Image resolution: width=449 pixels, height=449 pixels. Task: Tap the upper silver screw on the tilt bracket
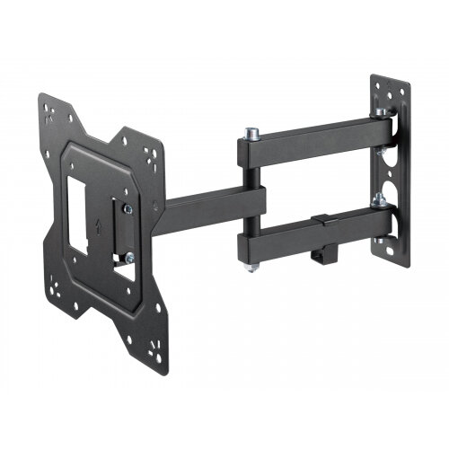[131, 207]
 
